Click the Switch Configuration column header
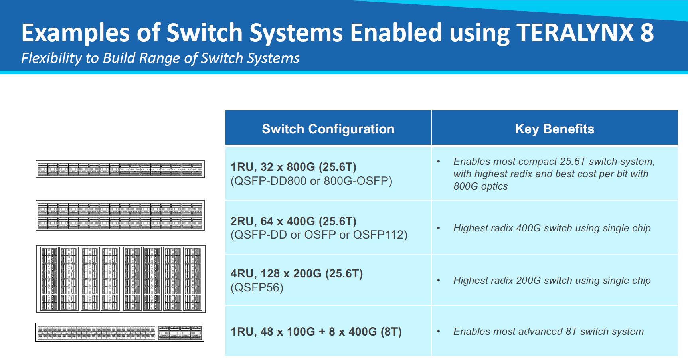[328, 129]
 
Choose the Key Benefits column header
[554, 129]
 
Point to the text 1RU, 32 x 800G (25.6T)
[293, 167]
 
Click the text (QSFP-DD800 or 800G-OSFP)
[311, 181]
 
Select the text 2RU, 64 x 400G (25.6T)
[293, 221]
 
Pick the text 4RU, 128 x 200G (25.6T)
[297, 273]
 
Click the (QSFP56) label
[257, 287]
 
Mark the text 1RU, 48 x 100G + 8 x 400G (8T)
[316, 332]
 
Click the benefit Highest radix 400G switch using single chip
[552, 228]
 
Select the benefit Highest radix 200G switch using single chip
[552, 281]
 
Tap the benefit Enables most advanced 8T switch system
[548, 332]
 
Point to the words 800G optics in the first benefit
[480, 186]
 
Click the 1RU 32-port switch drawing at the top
[120, 169]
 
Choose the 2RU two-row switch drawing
[120, 216]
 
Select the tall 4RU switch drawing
[121, 279]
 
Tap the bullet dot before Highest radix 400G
[439, 229]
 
